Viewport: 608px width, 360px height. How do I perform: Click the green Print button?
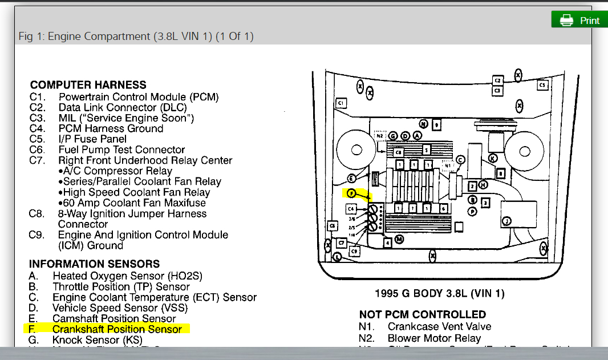(579, 21)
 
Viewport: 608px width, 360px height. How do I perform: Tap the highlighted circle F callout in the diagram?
(351, 193)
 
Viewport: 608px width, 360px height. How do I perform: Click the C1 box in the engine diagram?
(341, 103)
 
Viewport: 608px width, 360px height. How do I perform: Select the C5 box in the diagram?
(542, 85)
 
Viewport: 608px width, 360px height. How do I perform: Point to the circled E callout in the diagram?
(352, 179)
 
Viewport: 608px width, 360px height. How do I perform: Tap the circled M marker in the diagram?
(399, 240)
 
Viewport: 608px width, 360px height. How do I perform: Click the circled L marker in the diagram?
(338, 257)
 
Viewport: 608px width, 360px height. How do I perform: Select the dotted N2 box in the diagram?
(380, 136)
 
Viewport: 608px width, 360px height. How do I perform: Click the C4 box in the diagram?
(351, 209)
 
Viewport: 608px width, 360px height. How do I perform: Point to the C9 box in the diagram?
(354, 251)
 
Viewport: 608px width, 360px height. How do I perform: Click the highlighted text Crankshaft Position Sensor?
(117, 329)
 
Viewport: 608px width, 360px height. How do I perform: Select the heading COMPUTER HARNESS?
(88, 85)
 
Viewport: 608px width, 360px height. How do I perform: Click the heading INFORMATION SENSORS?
(94, 264)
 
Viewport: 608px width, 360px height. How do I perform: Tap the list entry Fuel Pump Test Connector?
(121, 149)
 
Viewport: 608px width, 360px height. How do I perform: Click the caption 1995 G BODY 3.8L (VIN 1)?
(439, 294)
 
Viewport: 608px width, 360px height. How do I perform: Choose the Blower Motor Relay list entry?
(434, 338)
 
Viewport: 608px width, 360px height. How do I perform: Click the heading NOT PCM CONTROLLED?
(422, 314)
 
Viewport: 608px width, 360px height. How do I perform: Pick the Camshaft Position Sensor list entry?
(114, 318)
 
